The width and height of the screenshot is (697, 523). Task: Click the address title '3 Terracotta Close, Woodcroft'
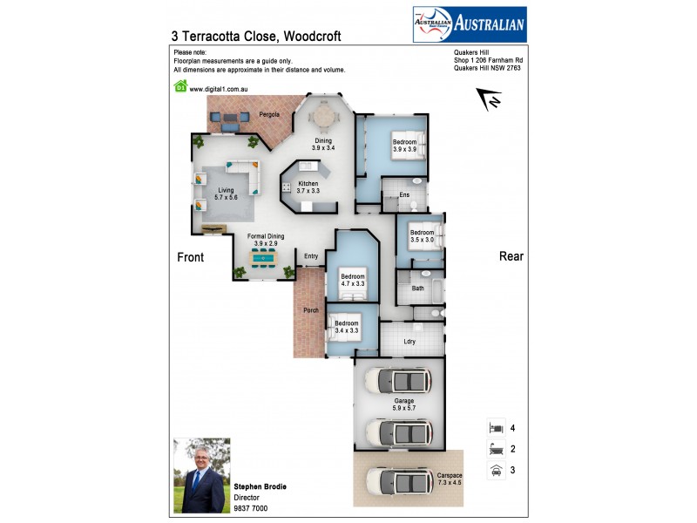coord(257,37)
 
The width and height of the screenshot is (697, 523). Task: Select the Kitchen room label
coord(308,184)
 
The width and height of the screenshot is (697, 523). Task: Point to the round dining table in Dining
coord(324,115)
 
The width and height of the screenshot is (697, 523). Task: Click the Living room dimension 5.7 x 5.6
coord(227,198)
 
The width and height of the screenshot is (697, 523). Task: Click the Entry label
coord(311,256)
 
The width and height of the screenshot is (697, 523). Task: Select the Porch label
coord(310,310)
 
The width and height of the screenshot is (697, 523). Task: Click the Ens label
coord(404,194)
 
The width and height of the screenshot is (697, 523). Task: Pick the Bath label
coord(417,288)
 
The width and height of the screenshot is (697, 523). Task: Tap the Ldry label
coord(409,341)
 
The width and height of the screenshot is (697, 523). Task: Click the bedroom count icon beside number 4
coord(495,428)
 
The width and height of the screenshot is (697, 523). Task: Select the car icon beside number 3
coord(495,470)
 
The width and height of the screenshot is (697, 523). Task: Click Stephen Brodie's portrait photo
coord(201,474)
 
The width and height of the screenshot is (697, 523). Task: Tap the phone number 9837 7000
coord(251,508)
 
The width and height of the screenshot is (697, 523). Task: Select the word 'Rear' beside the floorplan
coord(510,256)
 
